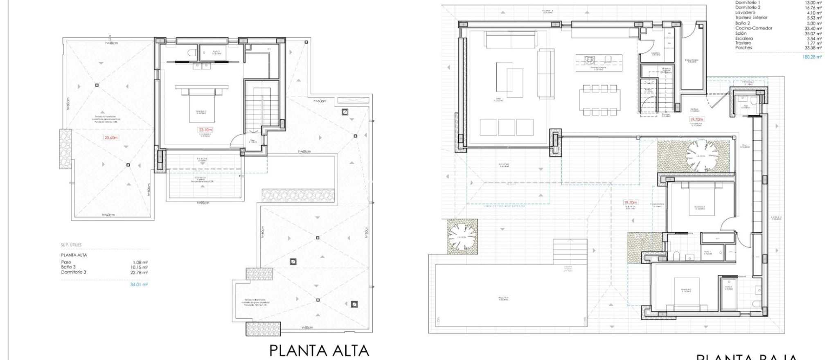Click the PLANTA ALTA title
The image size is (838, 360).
point(319,351)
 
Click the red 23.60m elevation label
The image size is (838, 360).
point(111,138)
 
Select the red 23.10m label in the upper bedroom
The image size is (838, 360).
point(205,130)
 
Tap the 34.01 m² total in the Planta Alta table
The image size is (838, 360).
point(139,284)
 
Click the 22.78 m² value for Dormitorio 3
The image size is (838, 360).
point(139,272)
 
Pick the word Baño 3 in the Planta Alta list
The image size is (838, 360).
point(68,267)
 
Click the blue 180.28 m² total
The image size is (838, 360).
point(812,57)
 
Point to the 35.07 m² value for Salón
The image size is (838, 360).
point(813,34)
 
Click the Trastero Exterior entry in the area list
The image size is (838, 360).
point(751,18)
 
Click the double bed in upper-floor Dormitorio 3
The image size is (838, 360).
point(202,106)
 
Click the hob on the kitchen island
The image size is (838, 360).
point(589,60)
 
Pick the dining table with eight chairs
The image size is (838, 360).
point(600,100)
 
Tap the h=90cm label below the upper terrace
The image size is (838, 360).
point(203,203)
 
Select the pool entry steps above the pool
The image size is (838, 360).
point(567,251)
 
